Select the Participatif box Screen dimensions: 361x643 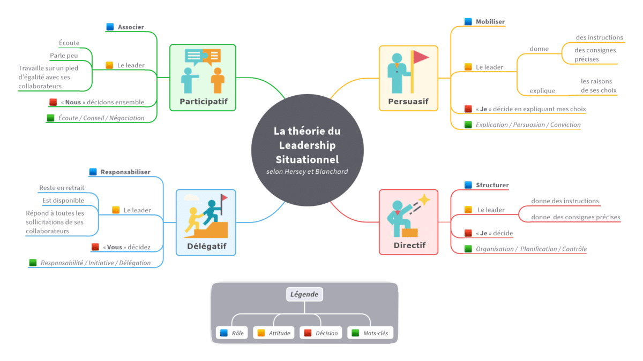[203, 78]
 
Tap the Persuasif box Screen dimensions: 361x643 [408, 78]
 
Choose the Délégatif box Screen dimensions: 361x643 [206, 222]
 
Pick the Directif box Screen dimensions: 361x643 [409, 221]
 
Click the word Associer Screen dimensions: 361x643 [131, 27]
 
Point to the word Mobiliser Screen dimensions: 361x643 [490, 22]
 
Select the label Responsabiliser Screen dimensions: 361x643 [125, 172]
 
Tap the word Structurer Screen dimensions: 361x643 [492, 185]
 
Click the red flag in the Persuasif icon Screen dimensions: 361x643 [421, 57]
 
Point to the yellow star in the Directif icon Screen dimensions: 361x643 [424, 200]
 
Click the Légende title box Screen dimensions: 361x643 [304, 294]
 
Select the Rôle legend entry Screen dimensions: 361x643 [232, 333]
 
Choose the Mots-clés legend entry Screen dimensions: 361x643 [370, 333]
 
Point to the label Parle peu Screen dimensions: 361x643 [64, 56]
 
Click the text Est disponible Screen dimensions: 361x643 [63, 201]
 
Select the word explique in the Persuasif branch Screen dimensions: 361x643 [542, 91]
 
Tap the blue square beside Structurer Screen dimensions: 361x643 [468, 185]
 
